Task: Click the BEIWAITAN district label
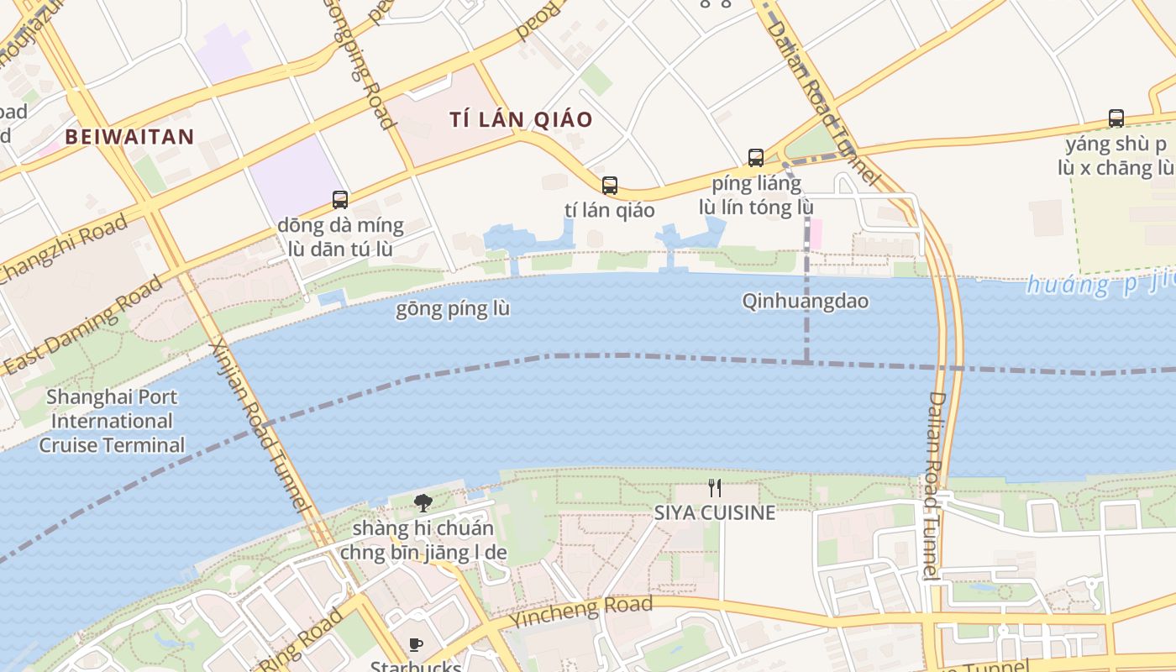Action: [x=129, y=137]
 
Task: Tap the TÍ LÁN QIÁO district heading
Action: [x=521, y=119]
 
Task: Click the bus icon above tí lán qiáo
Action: [x=610, y=186]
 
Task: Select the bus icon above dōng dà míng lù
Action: [x=340, y=200]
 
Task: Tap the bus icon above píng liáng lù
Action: [x=756, y=158]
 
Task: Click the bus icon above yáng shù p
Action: [x=1116, y=118]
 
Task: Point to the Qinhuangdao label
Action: [x=805, y=301]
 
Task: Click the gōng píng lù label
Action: [x=453, y=309]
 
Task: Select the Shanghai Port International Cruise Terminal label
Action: [x=112, y=421]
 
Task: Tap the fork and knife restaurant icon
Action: [x=715, y=487]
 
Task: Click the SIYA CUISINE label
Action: [x=715, y=512]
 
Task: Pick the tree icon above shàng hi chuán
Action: [x=423, y=503]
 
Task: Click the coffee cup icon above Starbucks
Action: [x=415, y=645]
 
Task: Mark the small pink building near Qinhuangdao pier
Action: [x=815, y=234]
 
